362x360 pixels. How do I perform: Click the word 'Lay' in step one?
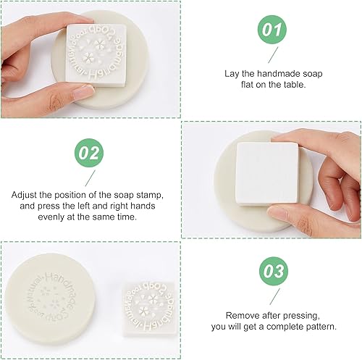point(233,72)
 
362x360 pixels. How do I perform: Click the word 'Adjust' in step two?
point(25,195)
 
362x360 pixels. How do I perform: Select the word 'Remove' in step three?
point(240,316)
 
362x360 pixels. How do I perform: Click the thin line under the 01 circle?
point(272,55)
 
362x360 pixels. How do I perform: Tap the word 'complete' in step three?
point(286,327)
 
